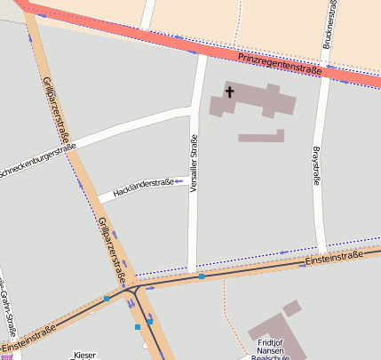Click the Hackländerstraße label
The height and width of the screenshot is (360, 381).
pos(143,183)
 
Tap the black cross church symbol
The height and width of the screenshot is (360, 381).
pos(229,92)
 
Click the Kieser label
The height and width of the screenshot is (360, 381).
pos(85,354)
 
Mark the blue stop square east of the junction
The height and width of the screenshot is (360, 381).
pos(202,277)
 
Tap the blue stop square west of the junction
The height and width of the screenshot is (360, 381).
pos(107,300)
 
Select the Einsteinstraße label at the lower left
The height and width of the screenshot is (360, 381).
pos(28,337)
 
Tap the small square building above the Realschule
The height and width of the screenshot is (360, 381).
pos(291,308)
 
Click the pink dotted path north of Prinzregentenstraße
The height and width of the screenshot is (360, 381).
pos(237,22)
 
